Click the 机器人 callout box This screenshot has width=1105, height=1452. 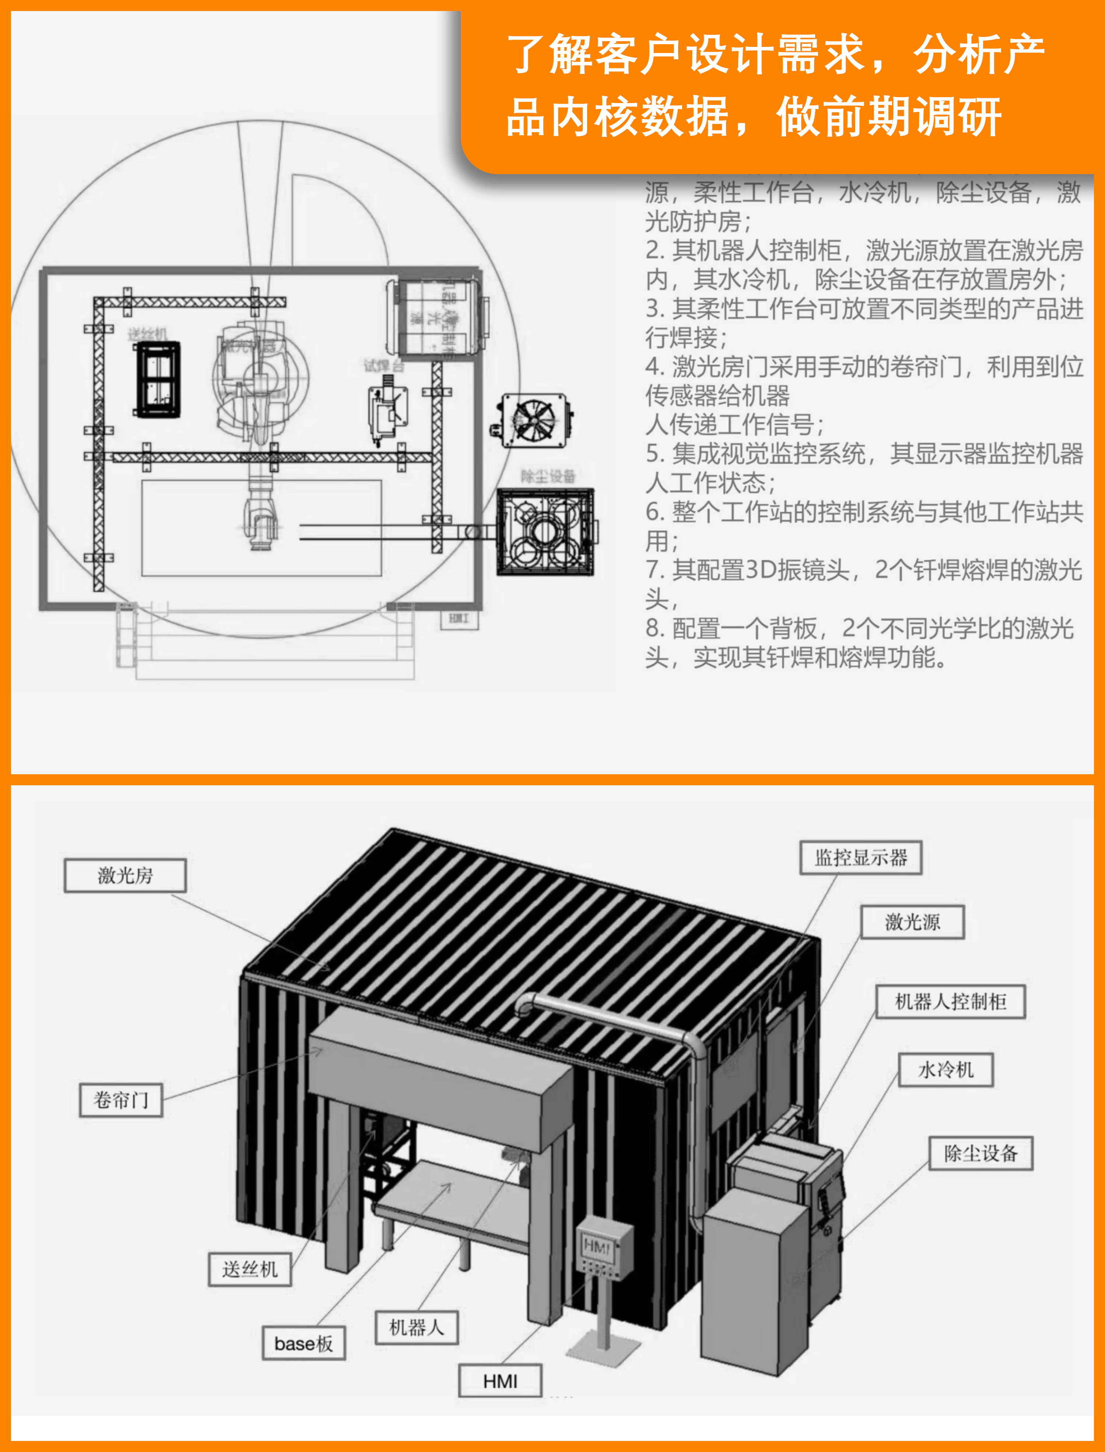[x=416, y=1327]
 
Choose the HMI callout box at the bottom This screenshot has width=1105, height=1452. [x=500, y=1381]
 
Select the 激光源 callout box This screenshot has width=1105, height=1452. [x=912, y=921]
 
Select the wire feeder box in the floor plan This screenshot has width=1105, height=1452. [x=158, y=379]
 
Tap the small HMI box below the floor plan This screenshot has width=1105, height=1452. [x=459, y=618]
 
